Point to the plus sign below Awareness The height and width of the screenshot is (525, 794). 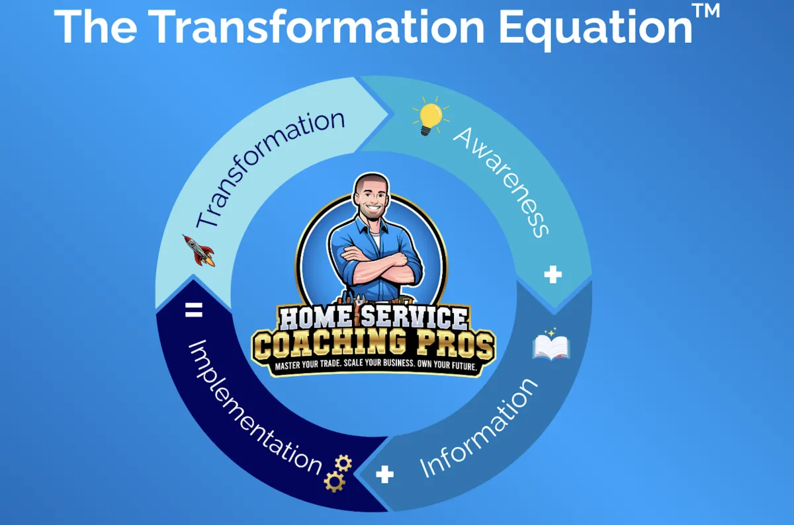pos(552,275)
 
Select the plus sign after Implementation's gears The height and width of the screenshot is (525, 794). pos(384,474)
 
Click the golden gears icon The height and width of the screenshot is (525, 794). pos(337,472)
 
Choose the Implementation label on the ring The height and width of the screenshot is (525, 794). pos(255,406)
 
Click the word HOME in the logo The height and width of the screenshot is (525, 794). pos(315,319)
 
